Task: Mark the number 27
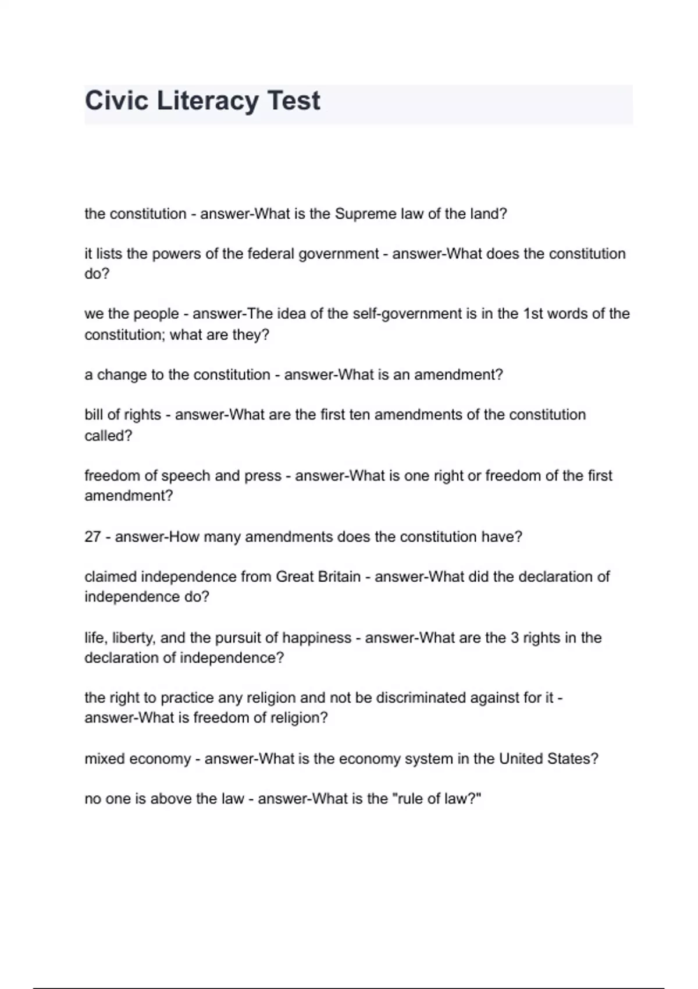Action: [x=92, y=537]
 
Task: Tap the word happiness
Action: [x=316, y=638]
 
